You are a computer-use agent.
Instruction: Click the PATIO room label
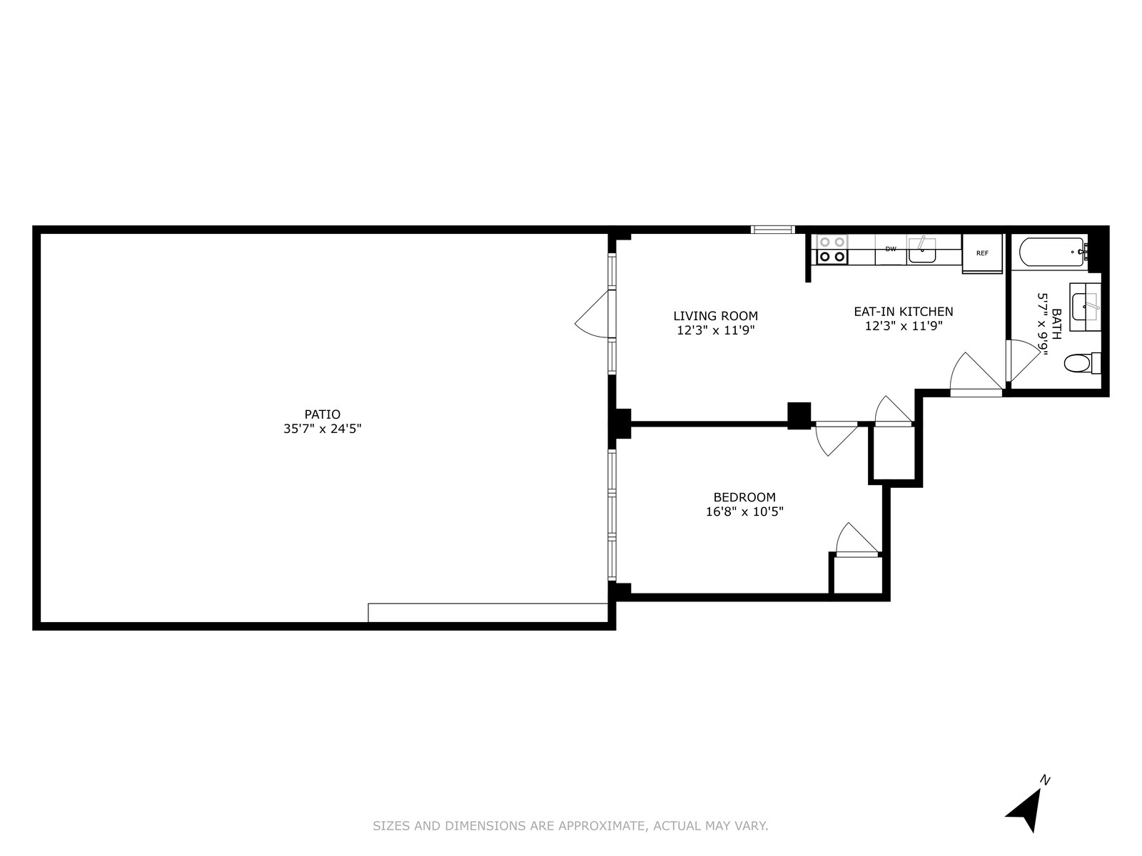point(322,414)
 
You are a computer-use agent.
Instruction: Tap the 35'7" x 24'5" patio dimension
point(322,429)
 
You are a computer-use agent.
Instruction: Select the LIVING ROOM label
point(715,316)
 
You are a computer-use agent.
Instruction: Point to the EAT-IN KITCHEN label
point(904,312)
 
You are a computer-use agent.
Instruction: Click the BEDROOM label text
point(744,497)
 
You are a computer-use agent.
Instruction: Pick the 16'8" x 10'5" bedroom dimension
point(744,511)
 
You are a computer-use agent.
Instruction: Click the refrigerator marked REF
point(983,253)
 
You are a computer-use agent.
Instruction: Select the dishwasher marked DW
point(891,250)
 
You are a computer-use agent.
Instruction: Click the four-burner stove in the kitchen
point(832,250)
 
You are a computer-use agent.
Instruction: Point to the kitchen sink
point(922,250)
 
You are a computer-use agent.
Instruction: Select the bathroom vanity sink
point(1086,307)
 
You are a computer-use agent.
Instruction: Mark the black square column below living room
point(799,415)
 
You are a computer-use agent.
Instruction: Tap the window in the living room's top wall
point(772,230)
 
